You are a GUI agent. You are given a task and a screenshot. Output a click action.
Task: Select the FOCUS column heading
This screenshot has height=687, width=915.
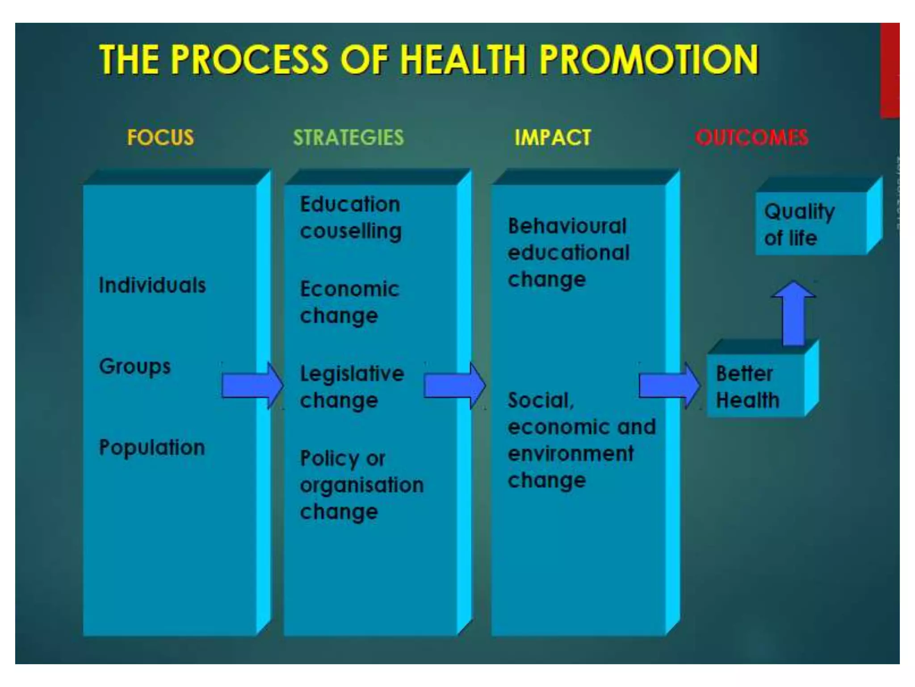pyautogui.click(x=160, y=137)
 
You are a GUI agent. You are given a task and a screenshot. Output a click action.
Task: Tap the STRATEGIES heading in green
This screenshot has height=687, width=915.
pyautogui.click(x=348, y=137)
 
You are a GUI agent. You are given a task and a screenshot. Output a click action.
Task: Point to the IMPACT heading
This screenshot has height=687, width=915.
pyautogui.click(x=553, y=137)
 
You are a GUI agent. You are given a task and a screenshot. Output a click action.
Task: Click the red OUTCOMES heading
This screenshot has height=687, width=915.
pyautogui.click(x=751, y=137)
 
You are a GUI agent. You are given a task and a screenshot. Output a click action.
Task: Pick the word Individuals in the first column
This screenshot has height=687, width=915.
pyautogui.click(x=152, y=285)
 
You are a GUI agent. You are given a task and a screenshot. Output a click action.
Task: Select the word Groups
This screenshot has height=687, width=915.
pyautogui.click(x=135, y=367)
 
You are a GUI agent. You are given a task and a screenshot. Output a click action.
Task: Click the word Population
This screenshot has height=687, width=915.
pyautogui.click(x=152, y=448)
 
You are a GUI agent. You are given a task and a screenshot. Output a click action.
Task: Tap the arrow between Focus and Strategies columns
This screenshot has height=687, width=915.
pyautogui.click(x=252, y=386)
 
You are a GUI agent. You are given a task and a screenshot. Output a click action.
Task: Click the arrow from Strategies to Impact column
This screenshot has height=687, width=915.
pyautogui.click(x=454, y=386)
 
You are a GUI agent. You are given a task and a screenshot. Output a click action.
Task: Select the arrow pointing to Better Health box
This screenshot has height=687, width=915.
pyautogui.click(x=669, y=386)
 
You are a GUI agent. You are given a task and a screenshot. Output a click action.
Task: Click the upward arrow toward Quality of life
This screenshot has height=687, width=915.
pyautogui.click(x=794, y=313)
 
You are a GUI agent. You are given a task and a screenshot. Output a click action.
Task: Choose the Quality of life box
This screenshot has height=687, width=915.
pyautogui.click(x=811, y=224)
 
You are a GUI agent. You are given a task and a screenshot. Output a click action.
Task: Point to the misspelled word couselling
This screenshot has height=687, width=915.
pyautogui.click(x=351, y=232)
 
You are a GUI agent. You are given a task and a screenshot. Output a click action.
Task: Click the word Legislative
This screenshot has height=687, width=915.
pyautogui.click(x=352, y=374)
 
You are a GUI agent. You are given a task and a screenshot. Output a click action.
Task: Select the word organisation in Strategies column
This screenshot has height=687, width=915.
pyautogui.click(x=362, y=486)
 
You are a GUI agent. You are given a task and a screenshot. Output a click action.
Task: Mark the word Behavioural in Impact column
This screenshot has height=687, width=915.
pyautogui.click(x=567, y=226)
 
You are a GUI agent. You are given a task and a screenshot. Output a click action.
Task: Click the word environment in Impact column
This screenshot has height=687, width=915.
pyautogui.click(x=571, y=454)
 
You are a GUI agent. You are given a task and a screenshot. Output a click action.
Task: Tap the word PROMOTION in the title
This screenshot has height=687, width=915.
pyautogui.click(x=649, y=59)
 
